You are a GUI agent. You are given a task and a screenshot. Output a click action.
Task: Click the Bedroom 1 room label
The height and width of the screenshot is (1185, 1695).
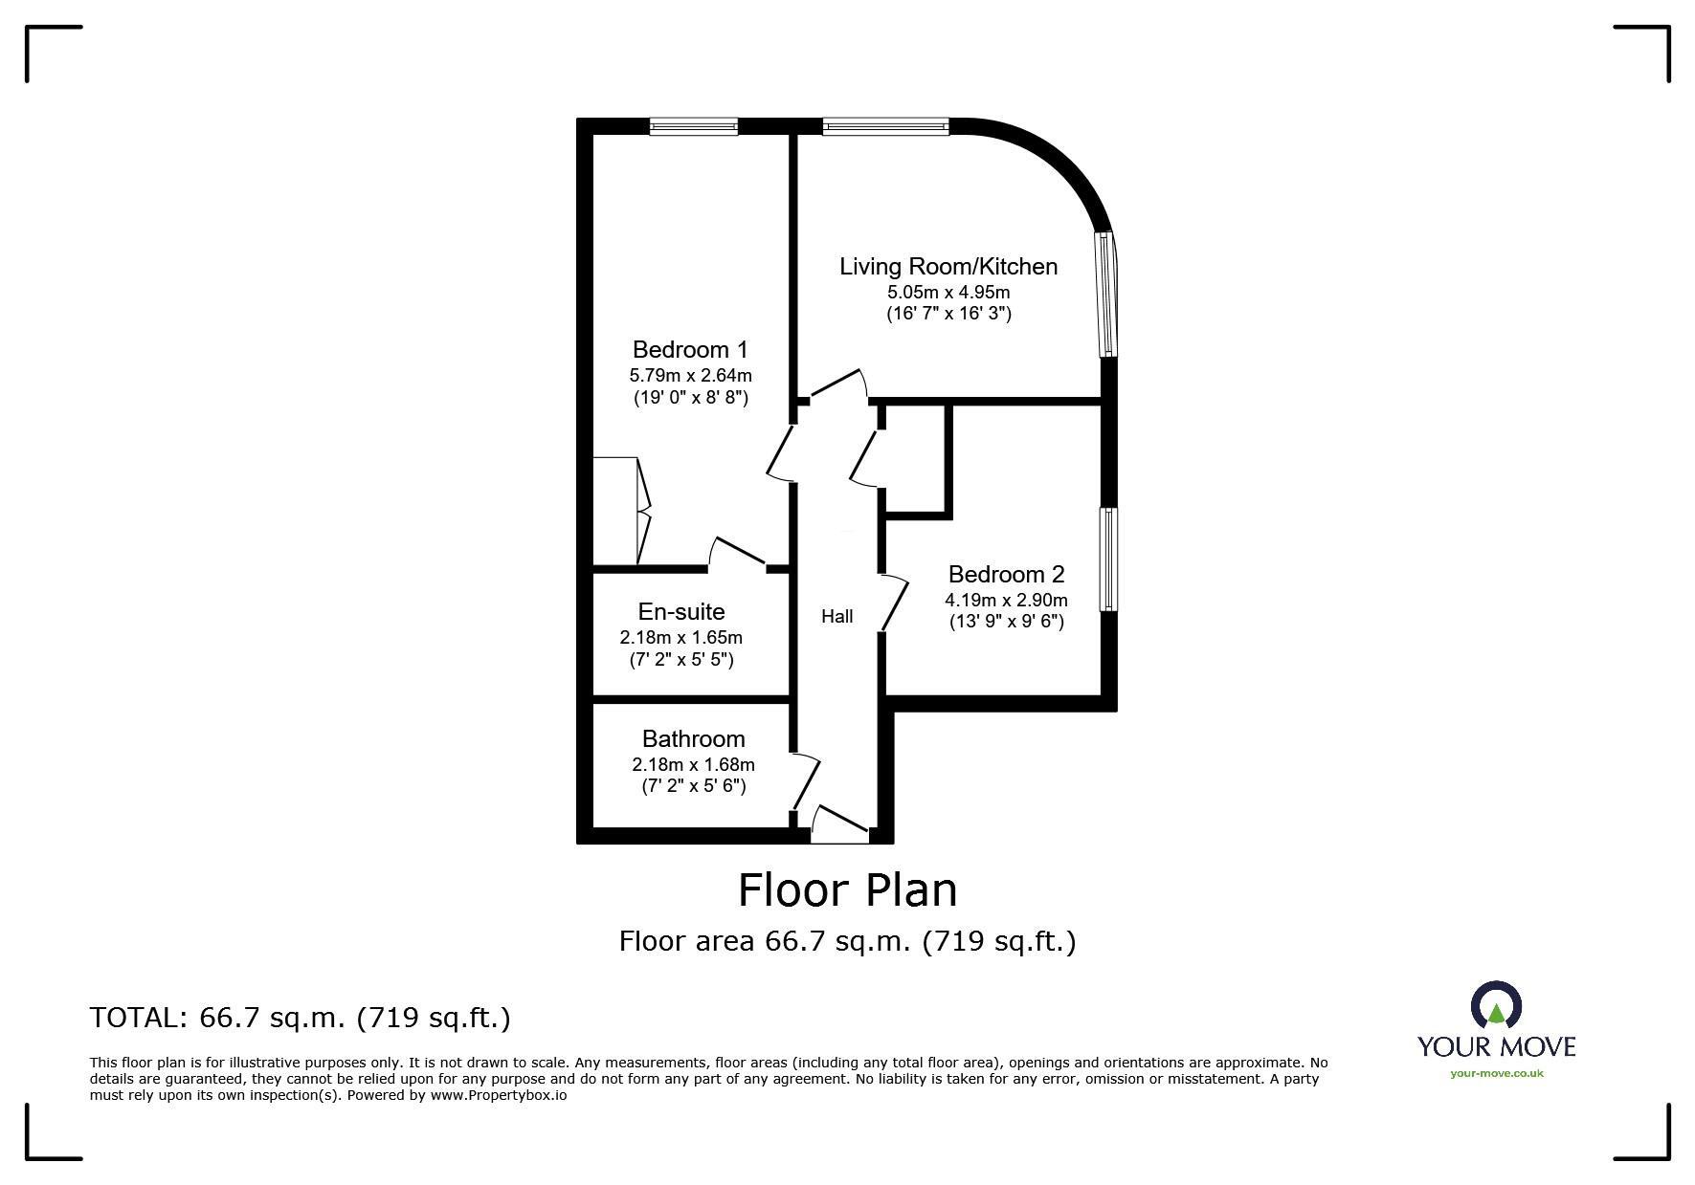point(690,350)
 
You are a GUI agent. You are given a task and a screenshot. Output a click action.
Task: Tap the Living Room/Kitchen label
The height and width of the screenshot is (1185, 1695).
point(948,267)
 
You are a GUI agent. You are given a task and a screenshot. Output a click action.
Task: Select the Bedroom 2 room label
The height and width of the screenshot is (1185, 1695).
point(1006,574)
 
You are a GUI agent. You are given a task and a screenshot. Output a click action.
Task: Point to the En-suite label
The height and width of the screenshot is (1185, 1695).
point(681,611)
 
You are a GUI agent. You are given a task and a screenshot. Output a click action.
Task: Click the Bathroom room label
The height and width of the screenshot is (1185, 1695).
point(693,738)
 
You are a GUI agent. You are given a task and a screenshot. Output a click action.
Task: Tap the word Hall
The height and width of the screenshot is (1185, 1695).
point(837,617)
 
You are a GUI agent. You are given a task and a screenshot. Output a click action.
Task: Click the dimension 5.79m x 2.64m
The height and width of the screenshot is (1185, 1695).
point(690,375)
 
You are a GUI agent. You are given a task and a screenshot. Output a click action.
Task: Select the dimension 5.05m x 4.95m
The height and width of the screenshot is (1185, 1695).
point(948,292)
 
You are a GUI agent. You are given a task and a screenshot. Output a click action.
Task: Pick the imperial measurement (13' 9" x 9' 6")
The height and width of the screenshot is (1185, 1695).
point(1006,622)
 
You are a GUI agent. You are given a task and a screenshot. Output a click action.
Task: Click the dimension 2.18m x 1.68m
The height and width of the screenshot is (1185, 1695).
point(693,764)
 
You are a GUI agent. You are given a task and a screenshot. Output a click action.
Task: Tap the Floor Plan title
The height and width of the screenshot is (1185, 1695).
point(847,889)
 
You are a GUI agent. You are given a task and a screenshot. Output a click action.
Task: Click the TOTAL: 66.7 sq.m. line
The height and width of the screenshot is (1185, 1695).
point(301,1018)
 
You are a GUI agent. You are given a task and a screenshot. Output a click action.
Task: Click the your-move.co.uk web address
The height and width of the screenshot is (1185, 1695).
point(1497,1073)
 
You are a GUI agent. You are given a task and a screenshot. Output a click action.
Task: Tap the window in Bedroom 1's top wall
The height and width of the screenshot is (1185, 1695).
point(694,125)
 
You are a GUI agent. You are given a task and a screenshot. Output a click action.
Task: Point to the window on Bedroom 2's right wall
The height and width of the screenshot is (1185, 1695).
point(1108,560)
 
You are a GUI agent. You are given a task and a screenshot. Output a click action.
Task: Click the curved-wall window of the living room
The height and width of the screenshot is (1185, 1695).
point(1108,295)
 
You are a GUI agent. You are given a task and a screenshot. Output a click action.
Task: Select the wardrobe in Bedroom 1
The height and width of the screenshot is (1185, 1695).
point(621,511)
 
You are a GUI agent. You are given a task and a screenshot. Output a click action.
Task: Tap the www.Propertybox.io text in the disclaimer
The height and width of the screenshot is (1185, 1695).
point(499,1095)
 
